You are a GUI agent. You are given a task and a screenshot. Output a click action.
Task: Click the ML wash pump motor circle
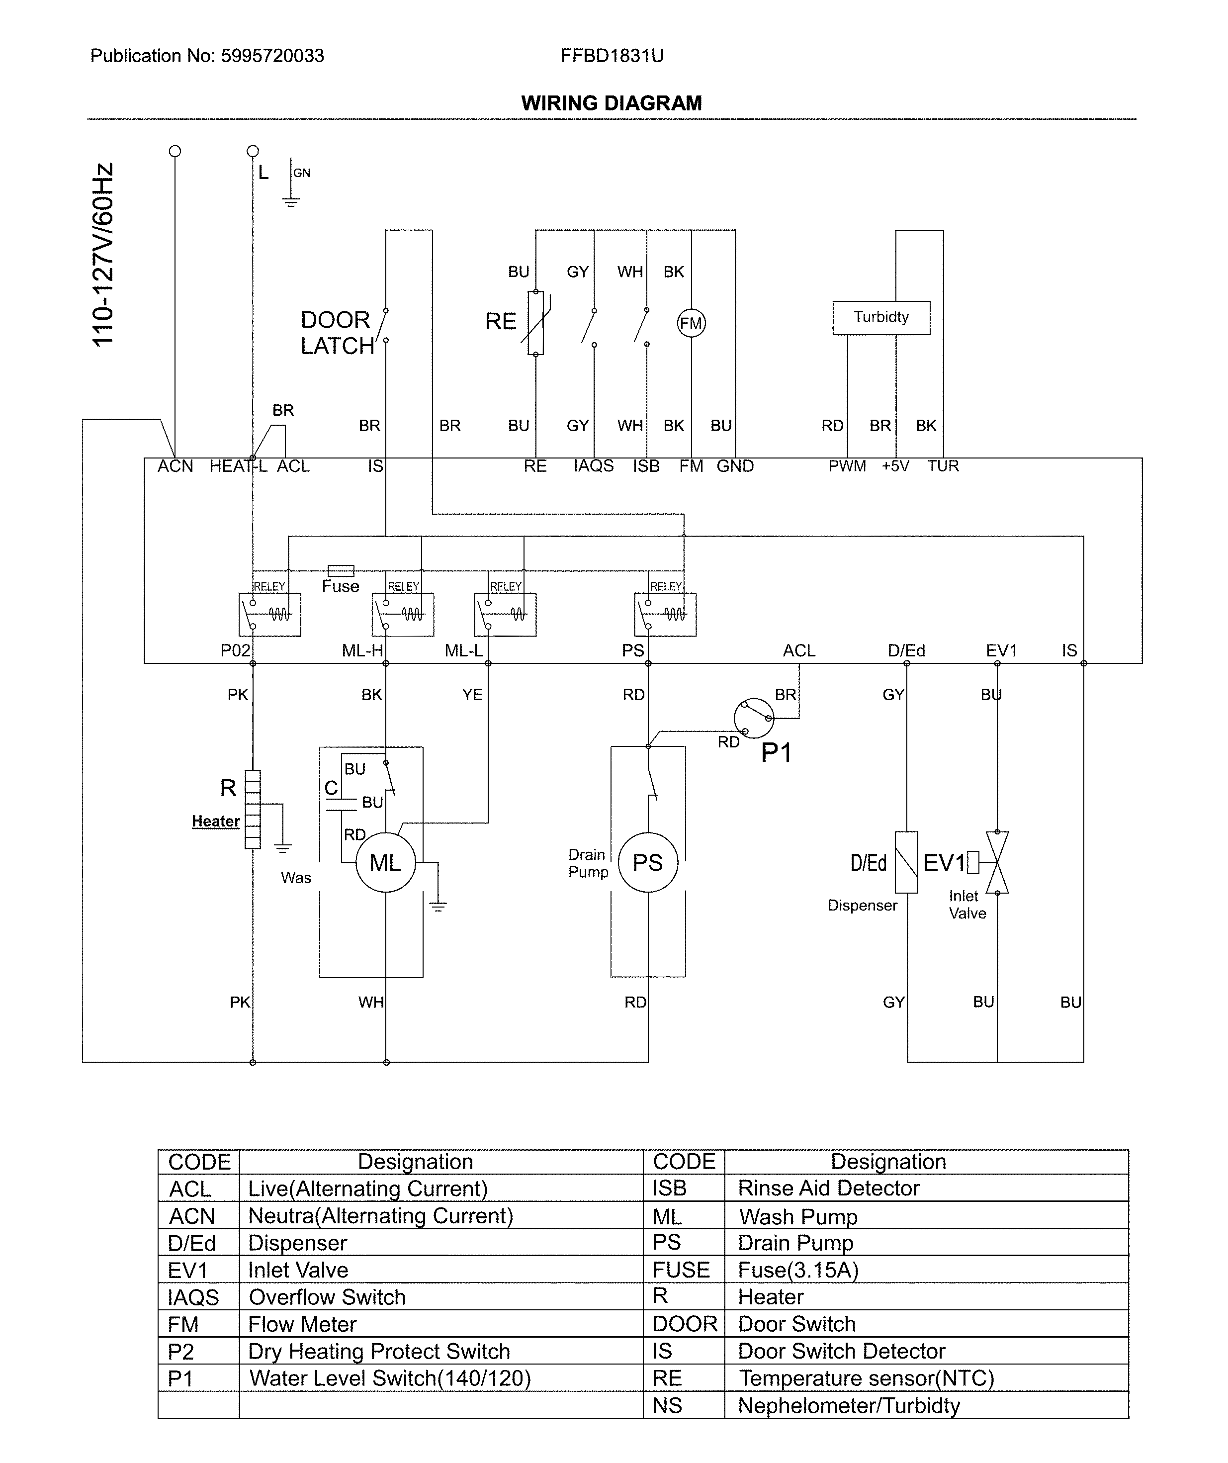[385, 862]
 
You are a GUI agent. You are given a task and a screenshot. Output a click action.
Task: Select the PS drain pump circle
[648, 862]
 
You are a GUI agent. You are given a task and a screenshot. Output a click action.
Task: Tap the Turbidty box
[881, 318]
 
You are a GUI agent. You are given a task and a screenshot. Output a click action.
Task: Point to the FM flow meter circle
[691, 323]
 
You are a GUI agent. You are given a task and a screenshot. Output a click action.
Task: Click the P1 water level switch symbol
[754, 718]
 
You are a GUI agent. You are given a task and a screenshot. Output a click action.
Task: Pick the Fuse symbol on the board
[341, 570]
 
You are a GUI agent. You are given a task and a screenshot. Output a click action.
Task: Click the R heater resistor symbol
[253, 809]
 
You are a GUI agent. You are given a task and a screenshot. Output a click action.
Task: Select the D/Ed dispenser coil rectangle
[906, 862]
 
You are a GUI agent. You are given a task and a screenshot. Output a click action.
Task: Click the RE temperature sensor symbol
[535, 323]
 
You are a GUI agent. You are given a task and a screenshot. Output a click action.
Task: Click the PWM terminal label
[847, 466]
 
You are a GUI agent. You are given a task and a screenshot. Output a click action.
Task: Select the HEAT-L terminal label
[238, 466]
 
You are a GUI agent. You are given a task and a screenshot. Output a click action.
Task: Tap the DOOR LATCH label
[337, 333]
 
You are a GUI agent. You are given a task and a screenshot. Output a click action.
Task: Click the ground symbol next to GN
[290, 201]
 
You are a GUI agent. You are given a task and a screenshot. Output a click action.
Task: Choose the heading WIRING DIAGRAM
[612, 103]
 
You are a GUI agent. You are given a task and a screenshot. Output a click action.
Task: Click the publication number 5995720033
[272, 56]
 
